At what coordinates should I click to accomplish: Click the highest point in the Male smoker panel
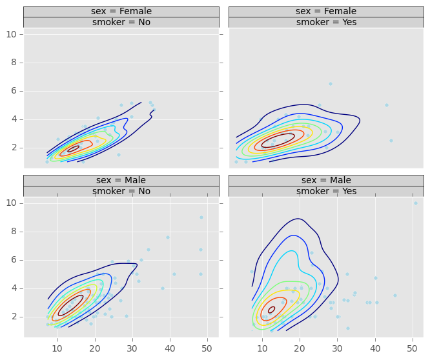[x=415, y=203]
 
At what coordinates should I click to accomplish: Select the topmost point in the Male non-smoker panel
[x=201, y=217]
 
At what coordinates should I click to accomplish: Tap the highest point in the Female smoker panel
[x=330, y=84]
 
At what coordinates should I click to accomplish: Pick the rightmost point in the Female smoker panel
[x=391, y=141]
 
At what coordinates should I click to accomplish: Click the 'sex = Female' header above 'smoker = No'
[x=121, y=12]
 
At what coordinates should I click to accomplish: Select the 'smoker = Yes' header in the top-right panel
[x=326, y=23]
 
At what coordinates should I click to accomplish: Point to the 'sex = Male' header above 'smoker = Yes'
[x=326, y=181]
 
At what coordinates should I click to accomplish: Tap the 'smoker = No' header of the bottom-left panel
[x=121, y=192]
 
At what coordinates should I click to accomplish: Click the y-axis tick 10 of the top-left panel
[x=12, y=34]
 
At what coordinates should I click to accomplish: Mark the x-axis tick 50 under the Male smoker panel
[x=413, y=348]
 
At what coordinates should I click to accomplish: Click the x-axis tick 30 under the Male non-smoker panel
[x=132, y=348]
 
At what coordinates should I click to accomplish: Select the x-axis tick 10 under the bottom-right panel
[x=262, y=348]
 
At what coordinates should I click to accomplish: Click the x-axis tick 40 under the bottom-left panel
[x=170, y=348]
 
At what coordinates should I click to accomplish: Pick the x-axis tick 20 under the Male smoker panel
[x=300, y=348]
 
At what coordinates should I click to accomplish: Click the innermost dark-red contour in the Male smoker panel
[x=272, y=310]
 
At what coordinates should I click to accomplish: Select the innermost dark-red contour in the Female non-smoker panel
[x=74, y=148]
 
